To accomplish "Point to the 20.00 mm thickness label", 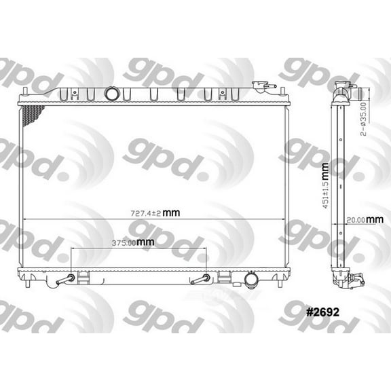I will [x=360, y=219].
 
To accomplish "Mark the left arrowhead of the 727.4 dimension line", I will [x=25, y=219].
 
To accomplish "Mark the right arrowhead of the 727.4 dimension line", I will [x=282, y=219].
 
